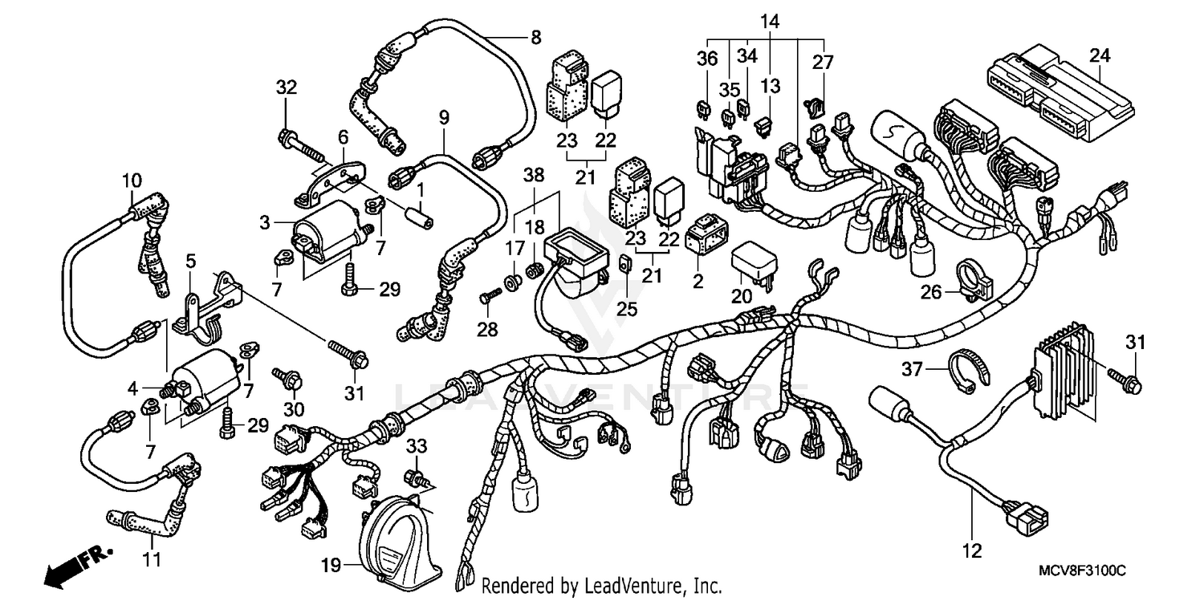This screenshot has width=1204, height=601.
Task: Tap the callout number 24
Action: coord(1100,55)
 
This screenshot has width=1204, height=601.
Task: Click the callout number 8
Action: coord(535,36)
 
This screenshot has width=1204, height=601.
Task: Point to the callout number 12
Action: coord(972,551)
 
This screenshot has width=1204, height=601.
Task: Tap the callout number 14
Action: coord(769,22)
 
